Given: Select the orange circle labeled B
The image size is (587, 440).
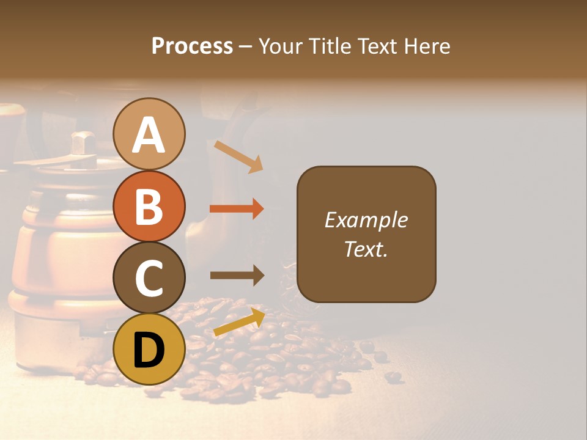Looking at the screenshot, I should click(x=149, y=206).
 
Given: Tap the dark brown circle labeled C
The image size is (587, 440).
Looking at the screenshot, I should click(x=149, y=277).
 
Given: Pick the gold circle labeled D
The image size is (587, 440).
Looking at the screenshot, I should click(x=149, y=349).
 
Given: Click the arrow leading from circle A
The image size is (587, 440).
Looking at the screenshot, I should click(x=238, y=156).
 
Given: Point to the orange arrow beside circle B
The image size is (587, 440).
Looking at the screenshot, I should click(x=237, y=209).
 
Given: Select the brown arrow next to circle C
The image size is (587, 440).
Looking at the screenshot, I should click(x=237, y=276).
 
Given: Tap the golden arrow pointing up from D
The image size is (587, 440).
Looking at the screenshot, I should click(x=239, y=322).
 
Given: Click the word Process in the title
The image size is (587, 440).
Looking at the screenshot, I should click(x=192, y=46).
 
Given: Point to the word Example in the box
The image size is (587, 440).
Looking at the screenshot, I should click(x=366, y=220).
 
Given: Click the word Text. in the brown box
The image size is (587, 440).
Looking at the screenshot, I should click(x=366, y=249).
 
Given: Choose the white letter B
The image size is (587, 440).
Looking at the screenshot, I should click(x=149, y=207).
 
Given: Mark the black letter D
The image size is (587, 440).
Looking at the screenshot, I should click(x=149, y=350).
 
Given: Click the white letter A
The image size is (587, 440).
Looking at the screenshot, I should click(x=149, y=135).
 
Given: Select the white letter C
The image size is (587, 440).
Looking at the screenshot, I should click(x=149, y=278).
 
